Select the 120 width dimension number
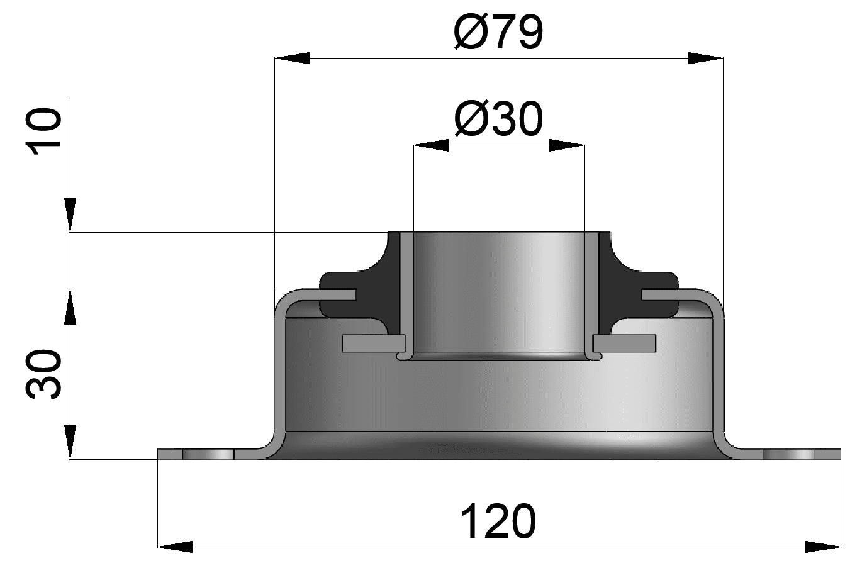coord(498,521)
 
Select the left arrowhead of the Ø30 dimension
coord(431,146)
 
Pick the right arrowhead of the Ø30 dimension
coord(567,146)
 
